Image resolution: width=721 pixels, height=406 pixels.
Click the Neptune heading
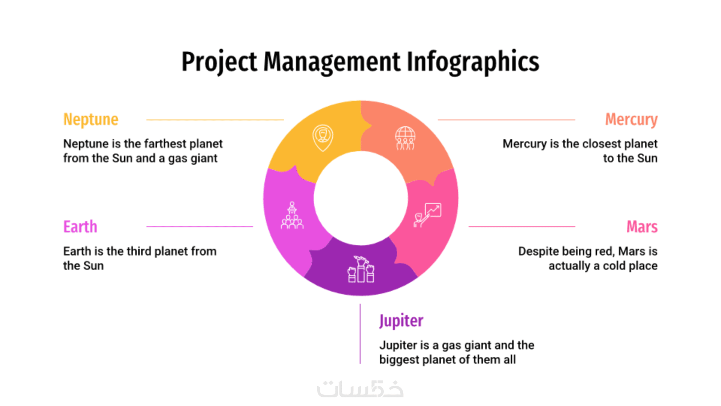[91, 120]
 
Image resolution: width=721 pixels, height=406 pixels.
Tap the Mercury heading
[631, 120]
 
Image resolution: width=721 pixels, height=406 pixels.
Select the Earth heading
[80, 227]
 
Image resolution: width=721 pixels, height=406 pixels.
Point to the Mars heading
[642, 227]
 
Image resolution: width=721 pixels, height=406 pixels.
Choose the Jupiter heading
[401, 321]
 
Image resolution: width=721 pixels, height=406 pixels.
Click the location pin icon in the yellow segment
[323, 138]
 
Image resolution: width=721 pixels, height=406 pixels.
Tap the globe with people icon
[405, 138]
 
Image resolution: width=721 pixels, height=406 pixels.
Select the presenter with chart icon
[427, 215]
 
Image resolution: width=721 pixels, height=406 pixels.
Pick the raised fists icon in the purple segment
[361, 269]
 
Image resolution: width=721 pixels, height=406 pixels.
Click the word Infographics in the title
[473, 62]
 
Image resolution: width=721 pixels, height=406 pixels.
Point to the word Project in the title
[220, 62]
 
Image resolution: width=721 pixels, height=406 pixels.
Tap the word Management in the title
[332, 62]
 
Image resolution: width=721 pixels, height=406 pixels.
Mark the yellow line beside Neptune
[215, 120]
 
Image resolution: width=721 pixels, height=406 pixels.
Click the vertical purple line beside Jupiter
[360, 334]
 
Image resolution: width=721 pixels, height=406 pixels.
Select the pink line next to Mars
[522, 227]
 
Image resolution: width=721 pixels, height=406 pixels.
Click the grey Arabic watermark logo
[360, 389]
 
